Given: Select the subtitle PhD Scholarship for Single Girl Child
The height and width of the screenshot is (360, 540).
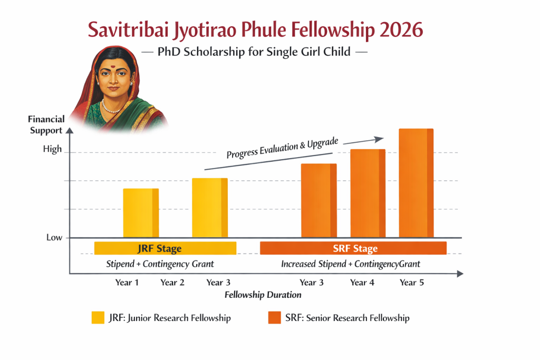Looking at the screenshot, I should [255, 52].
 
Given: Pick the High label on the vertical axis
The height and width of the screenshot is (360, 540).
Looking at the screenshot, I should [52, 149].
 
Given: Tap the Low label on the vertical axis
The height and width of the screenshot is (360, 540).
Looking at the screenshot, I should [54, 238].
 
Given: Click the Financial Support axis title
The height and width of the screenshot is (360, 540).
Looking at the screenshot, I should [46, 125].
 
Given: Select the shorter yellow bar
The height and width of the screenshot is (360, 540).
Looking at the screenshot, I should [141, 213].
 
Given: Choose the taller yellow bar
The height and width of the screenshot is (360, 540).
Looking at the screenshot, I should [209, 208].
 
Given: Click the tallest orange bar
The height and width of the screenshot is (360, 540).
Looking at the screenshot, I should [416, 183].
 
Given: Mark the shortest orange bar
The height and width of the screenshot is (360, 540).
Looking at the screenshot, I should [319, 200].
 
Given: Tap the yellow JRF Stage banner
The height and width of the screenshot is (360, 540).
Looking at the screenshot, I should [165, 248].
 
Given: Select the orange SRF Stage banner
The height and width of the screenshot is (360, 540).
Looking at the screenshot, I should [353, 248].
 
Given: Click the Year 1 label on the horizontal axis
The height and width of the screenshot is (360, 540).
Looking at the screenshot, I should [127, 283].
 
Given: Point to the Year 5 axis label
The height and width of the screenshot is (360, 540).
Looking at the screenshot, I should [411, 283].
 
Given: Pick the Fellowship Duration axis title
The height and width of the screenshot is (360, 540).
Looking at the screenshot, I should [263, 295].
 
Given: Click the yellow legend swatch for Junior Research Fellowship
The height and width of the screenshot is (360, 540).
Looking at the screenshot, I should [98, 318].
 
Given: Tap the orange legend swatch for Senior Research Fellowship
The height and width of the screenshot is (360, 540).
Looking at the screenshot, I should [274, 318].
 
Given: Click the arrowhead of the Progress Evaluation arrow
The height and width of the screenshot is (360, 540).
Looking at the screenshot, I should [380, 139].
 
